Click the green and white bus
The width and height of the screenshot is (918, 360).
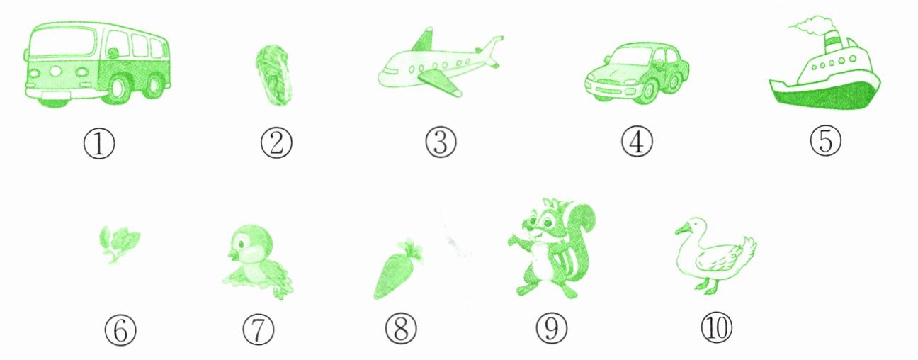98,64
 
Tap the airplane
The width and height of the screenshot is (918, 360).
441,64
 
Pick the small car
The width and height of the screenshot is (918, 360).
637,73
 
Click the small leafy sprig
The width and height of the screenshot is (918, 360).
119,244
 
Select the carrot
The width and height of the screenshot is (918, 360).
397,269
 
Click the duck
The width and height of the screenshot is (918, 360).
715,256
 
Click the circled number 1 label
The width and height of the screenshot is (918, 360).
99,144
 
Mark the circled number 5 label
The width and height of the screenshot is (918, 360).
825,140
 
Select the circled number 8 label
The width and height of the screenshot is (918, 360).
401,329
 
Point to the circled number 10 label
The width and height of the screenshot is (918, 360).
716,327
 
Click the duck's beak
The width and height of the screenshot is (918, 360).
682,231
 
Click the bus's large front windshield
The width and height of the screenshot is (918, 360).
64,44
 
